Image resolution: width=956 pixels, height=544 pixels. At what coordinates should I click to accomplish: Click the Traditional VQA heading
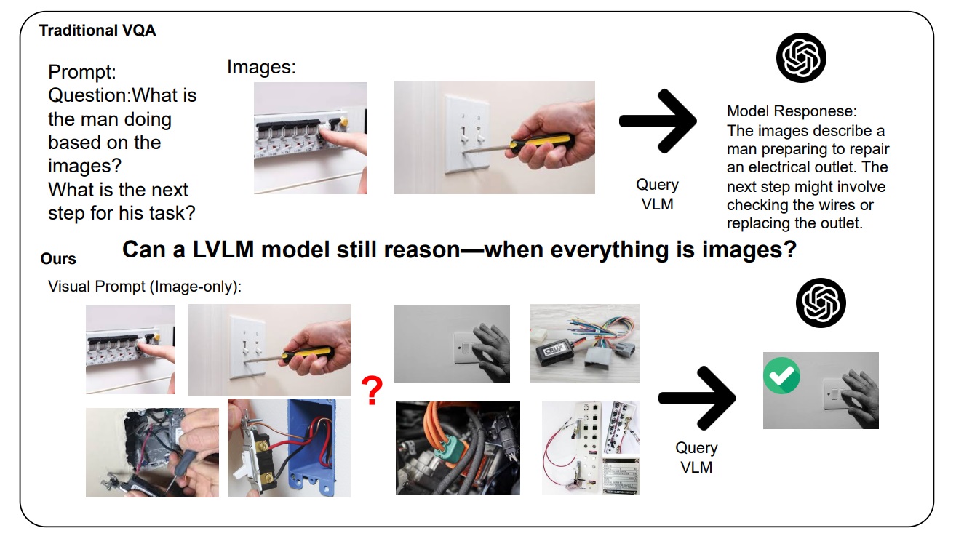[97, 31]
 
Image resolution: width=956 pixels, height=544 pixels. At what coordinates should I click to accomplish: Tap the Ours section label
[58, 259]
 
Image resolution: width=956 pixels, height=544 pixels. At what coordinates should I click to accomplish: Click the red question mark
[373, 391]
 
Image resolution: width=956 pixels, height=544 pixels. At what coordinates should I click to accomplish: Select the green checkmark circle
[781, 375]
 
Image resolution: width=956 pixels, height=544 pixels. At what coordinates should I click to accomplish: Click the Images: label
[261, 67]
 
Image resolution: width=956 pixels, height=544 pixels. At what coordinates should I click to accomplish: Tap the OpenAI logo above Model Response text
[801, 57]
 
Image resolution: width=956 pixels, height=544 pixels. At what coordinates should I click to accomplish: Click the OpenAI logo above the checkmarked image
[821, 303]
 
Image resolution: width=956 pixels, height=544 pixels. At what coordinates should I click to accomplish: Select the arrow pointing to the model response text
[658, 121]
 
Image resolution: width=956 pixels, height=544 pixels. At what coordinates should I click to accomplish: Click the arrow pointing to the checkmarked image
[697, 398]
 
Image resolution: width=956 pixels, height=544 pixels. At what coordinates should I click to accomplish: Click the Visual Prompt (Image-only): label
[145, 287]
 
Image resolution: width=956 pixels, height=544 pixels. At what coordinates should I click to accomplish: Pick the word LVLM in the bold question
[223, 249]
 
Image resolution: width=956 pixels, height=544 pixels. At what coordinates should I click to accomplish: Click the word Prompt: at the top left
[82, 72]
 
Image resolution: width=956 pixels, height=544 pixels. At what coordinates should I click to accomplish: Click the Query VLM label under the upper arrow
[657, 195]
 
